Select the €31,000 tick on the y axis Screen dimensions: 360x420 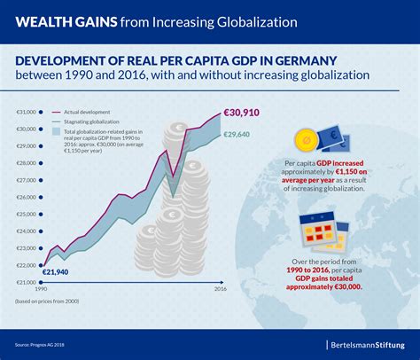(x=26, y=112)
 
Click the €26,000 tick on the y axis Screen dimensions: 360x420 (x=26, y=197)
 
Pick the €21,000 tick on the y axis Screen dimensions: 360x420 (x=26, y=282)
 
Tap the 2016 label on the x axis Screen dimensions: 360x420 (x=221, y=290)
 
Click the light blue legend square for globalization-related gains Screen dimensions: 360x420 (x=57, y=132)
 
